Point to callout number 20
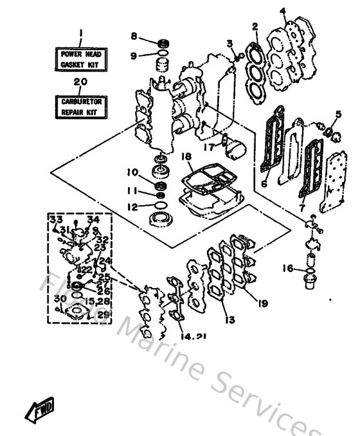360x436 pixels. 81,82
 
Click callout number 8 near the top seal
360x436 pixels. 134,36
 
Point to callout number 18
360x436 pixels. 186,156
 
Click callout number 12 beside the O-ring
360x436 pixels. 132,206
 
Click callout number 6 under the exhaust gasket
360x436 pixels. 262,183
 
